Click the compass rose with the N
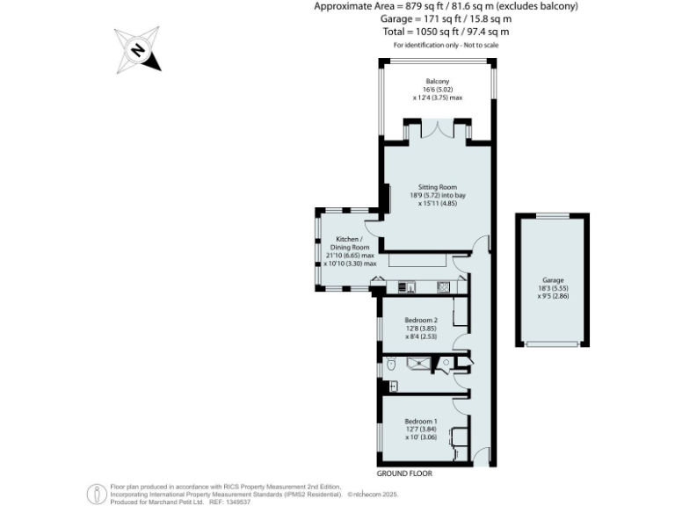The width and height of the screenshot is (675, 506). (x=138, y=50)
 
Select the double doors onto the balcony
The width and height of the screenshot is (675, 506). (x=437, y=132)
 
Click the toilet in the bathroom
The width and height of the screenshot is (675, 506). (x=391, y=363)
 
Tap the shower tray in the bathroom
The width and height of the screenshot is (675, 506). (x=420, y=363)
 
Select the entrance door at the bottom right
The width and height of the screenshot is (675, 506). (x=480, y=455)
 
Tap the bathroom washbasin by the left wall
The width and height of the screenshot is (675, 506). (x=393, y=386)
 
